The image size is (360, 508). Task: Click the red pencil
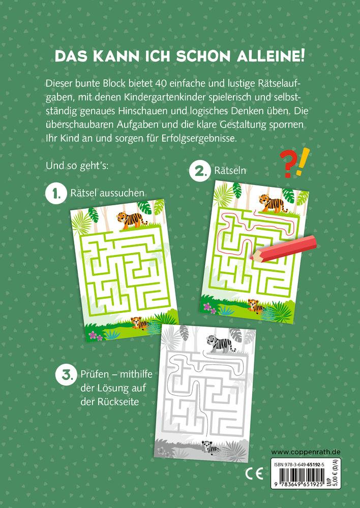(277, 247)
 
